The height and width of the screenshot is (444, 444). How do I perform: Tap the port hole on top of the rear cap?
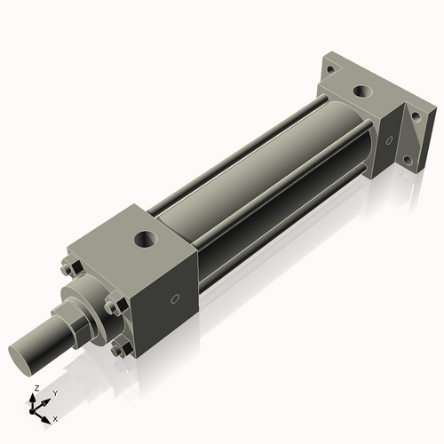(x=364, y=91)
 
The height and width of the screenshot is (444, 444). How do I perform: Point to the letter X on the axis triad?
(x=54, y=417)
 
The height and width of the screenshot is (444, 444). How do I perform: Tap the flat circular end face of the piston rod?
(x=24, y=353)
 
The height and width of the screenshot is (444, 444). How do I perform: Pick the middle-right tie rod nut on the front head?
(x=112, y=307)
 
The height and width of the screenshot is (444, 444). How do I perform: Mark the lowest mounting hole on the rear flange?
(x=408, y=161)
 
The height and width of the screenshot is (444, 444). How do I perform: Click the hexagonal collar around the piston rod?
(x=72, y=318)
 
